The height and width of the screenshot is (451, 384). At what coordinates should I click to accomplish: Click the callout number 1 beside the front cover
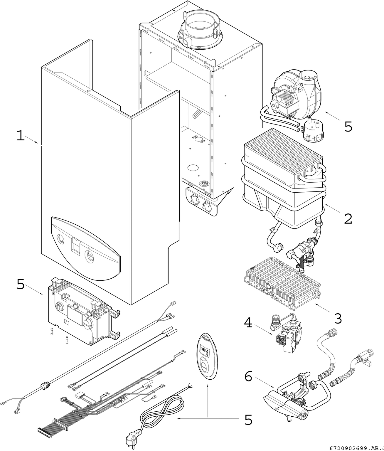click(x=20, y=136)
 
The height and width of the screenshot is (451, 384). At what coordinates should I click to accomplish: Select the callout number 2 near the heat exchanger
click(x=348, y=219)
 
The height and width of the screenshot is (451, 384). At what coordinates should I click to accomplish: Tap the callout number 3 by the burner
click(x=338, y=319)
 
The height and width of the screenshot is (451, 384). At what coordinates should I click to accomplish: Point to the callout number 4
click(x=248, y=323)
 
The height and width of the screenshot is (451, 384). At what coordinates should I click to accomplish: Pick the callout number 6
click(x=248, y=376)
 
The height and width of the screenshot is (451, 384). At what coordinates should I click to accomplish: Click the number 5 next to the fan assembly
click(x=348, y=127)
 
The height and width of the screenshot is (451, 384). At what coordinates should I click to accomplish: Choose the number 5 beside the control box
click(x=20, y=284)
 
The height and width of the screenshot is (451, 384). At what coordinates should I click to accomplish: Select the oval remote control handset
click(x=207, y=355)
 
